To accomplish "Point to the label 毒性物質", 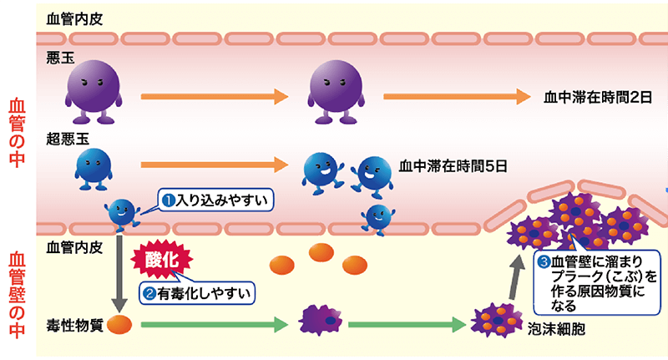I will [x=74, y=325].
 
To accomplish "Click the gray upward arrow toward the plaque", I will [x=509, y=276].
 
